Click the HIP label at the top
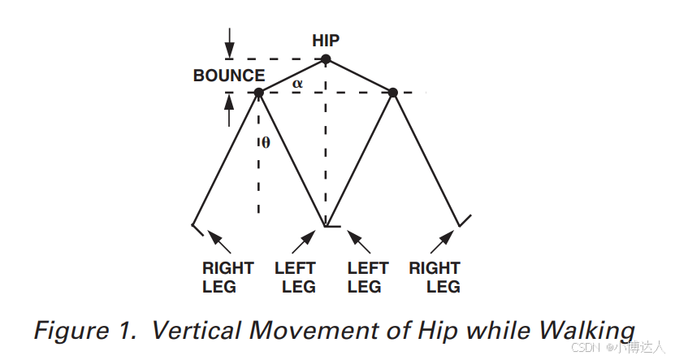[326, 41]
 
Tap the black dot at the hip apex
[326, 59]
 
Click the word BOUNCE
[229, 76]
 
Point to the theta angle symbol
[266, 143]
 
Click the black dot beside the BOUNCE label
[259, 93]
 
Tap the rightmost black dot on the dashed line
[393, 93]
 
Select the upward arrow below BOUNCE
[230, 109]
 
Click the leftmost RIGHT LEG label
[228, 276]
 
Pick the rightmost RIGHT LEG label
[435, 276]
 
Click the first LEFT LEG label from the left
[296, 276]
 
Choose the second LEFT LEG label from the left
[367, 276]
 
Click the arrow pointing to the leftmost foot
[219, 241]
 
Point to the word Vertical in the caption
[197, 331]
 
